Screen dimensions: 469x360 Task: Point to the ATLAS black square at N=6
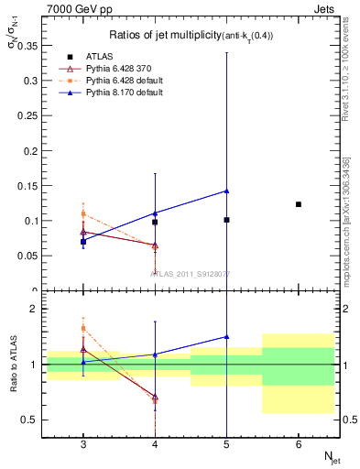pyautogui.click(x=299, y=204)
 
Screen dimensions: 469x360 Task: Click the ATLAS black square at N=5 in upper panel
pyautogui.click(x=226, y=220)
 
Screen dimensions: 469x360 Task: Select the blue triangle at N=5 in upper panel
pyautogui.click(x=226, y=191)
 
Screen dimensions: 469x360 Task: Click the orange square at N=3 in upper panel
pyautogui.click(x=83, y=213)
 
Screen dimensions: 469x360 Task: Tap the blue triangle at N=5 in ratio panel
pyautogui.click(x=226, y=337)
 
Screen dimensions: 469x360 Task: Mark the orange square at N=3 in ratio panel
pyautogui.click(x=83, y=328)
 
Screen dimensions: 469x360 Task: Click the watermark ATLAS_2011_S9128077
pyautogui.click(x=191, y=273)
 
